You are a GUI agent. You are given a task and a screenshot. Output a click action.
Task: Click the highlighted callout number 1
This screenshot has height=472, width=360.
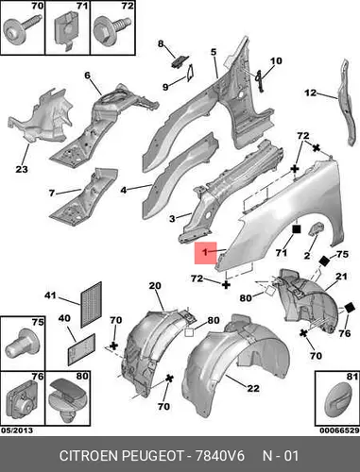click(x=205, y=252)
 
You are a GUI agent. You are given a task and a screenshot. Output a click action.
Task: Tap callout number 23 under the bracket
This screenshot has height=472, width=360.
click(x=22, y=169)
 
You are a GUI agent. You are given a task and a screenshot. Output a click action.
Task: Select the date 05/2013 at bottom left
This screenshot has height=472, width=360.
click(x=17, y=430)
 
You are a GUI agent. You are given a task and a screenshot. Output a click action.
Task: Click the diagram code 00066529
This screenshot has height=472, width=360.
click(x=339, y=430)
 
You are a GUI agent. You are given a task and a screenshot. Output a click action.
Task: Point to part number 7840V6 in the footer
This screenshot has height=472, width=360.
click(x=220, y=456)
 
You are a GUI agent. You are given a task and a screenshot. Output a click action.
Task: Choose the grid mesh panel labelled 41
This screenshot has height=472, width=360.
click(x=92, y=305)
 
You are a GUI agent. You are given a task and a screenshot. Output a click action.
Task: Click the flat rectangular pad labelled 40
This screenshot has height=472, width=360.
click(x=81, y=349)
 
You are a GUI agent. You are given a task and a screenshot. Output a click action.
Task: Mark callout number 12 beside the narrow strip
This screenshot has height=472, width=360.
click(x=310, y=93)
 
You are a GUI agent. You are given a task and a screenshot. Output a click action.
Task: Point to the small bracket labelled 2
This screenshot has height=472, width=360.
click(x=317, y=228)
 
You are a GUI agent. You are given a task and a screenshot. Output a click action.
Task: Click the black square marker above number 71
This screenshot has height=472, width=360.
click(x=297, y=229)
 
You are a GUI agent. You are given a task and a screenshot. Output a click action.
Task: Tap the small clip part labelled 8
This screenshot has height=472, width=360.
click(x=180, y=60)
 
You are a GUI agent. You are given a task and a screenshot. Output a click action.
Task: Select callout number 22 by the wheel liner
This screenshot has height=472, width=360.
click(x=253, y=388)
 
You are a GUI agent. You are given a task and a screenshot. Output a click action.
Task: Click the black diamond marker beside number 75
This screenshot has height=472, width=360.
click(x=324, y=261)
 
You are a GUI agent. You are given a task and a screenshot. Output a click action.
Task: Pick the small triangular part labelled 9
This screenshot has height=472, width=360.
click(x=191, y=73)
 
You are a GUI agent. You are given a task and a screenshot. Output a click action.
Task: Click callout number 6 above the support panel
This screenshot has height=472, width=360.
click(x=87, y=76)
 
